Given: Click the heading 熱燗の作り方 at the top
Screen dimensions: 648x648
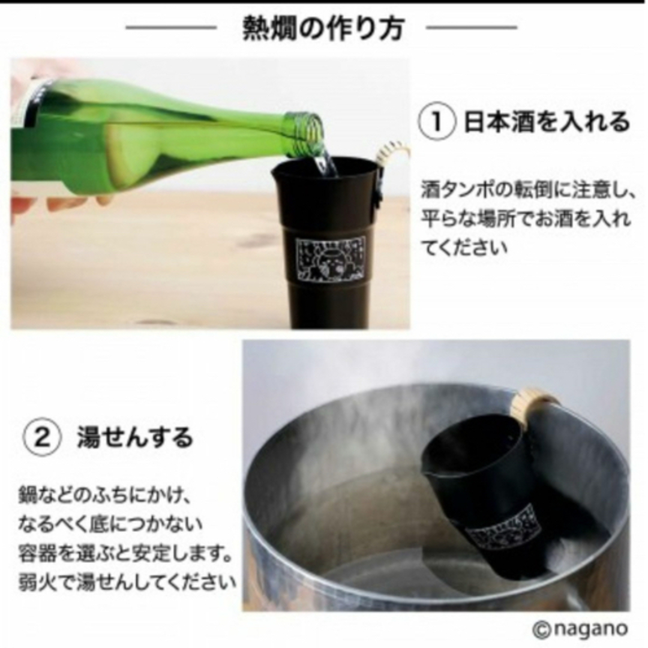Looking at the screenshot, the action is point(323,29).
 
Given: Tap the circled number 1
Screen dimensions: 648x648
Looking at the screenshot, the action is point(437,122).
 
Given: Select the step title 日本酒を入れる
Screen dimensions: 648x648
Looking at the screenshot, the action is point(547,122).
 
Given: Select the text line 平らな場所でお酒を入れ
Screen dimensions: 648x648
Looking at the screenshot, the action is point(526,218).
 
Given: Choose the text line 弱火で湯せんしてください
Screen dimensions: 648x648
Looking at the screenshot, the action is point(127,582).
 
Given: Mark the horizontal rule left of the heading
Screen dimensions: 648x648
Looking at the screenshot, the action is point(171,28).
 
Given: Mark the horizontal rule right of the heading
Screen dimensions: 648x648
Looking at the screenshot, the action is point(472,28).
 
